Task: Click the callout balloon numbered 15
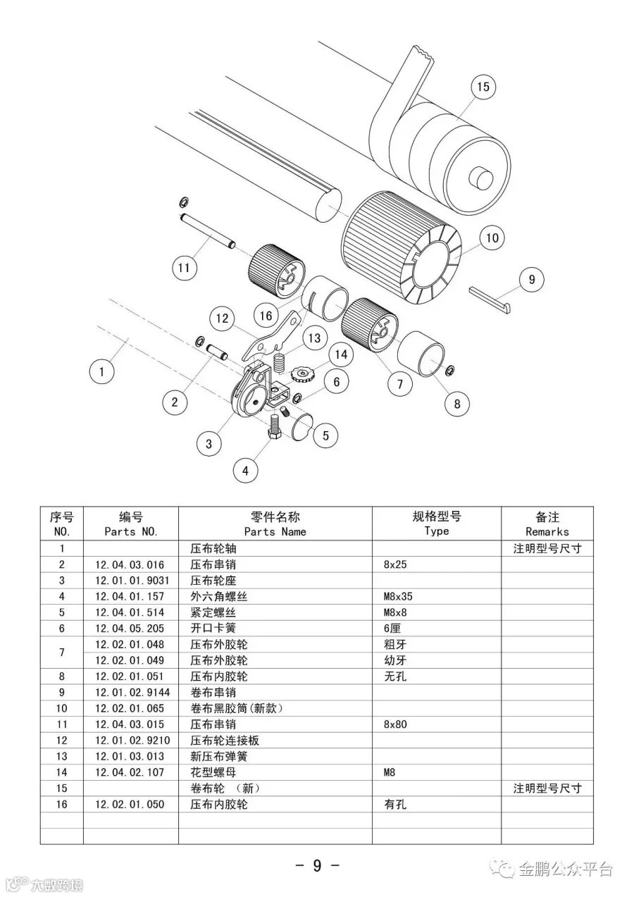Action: [483, 87]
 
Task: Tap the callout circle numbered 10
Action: [492, 238]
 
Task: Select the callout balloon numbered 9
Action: [531, 280]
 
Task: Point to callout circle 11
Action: [184, 268]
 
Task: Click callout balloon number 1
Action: [102, 371]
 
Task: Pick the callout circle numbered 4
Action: [245, 471]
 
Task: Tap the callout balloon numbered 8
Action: [456, 404]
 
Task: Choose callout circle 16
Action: [266, 316]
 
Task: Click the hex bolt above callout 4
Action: [273, 427]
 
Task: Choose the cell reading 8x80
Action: [395, 724]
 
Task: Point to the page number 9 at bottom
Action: [317, 865]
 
